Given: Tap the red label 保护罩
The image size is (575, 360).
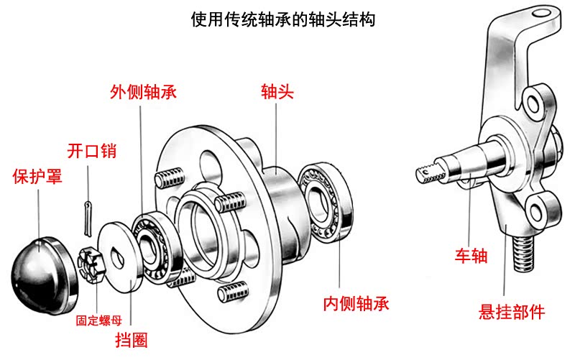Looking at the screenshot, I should point(37,177).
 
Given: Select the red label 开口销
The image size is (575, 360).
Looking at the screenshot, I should point(91,151).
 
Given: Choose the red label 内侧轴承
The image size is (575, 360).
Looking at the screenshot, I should point(356,303).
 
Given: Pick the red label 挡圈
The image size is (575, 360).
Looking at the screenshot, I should point(132,338).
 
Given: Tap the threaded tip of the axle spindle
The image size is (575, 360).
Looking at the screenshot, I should point(429,172).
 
